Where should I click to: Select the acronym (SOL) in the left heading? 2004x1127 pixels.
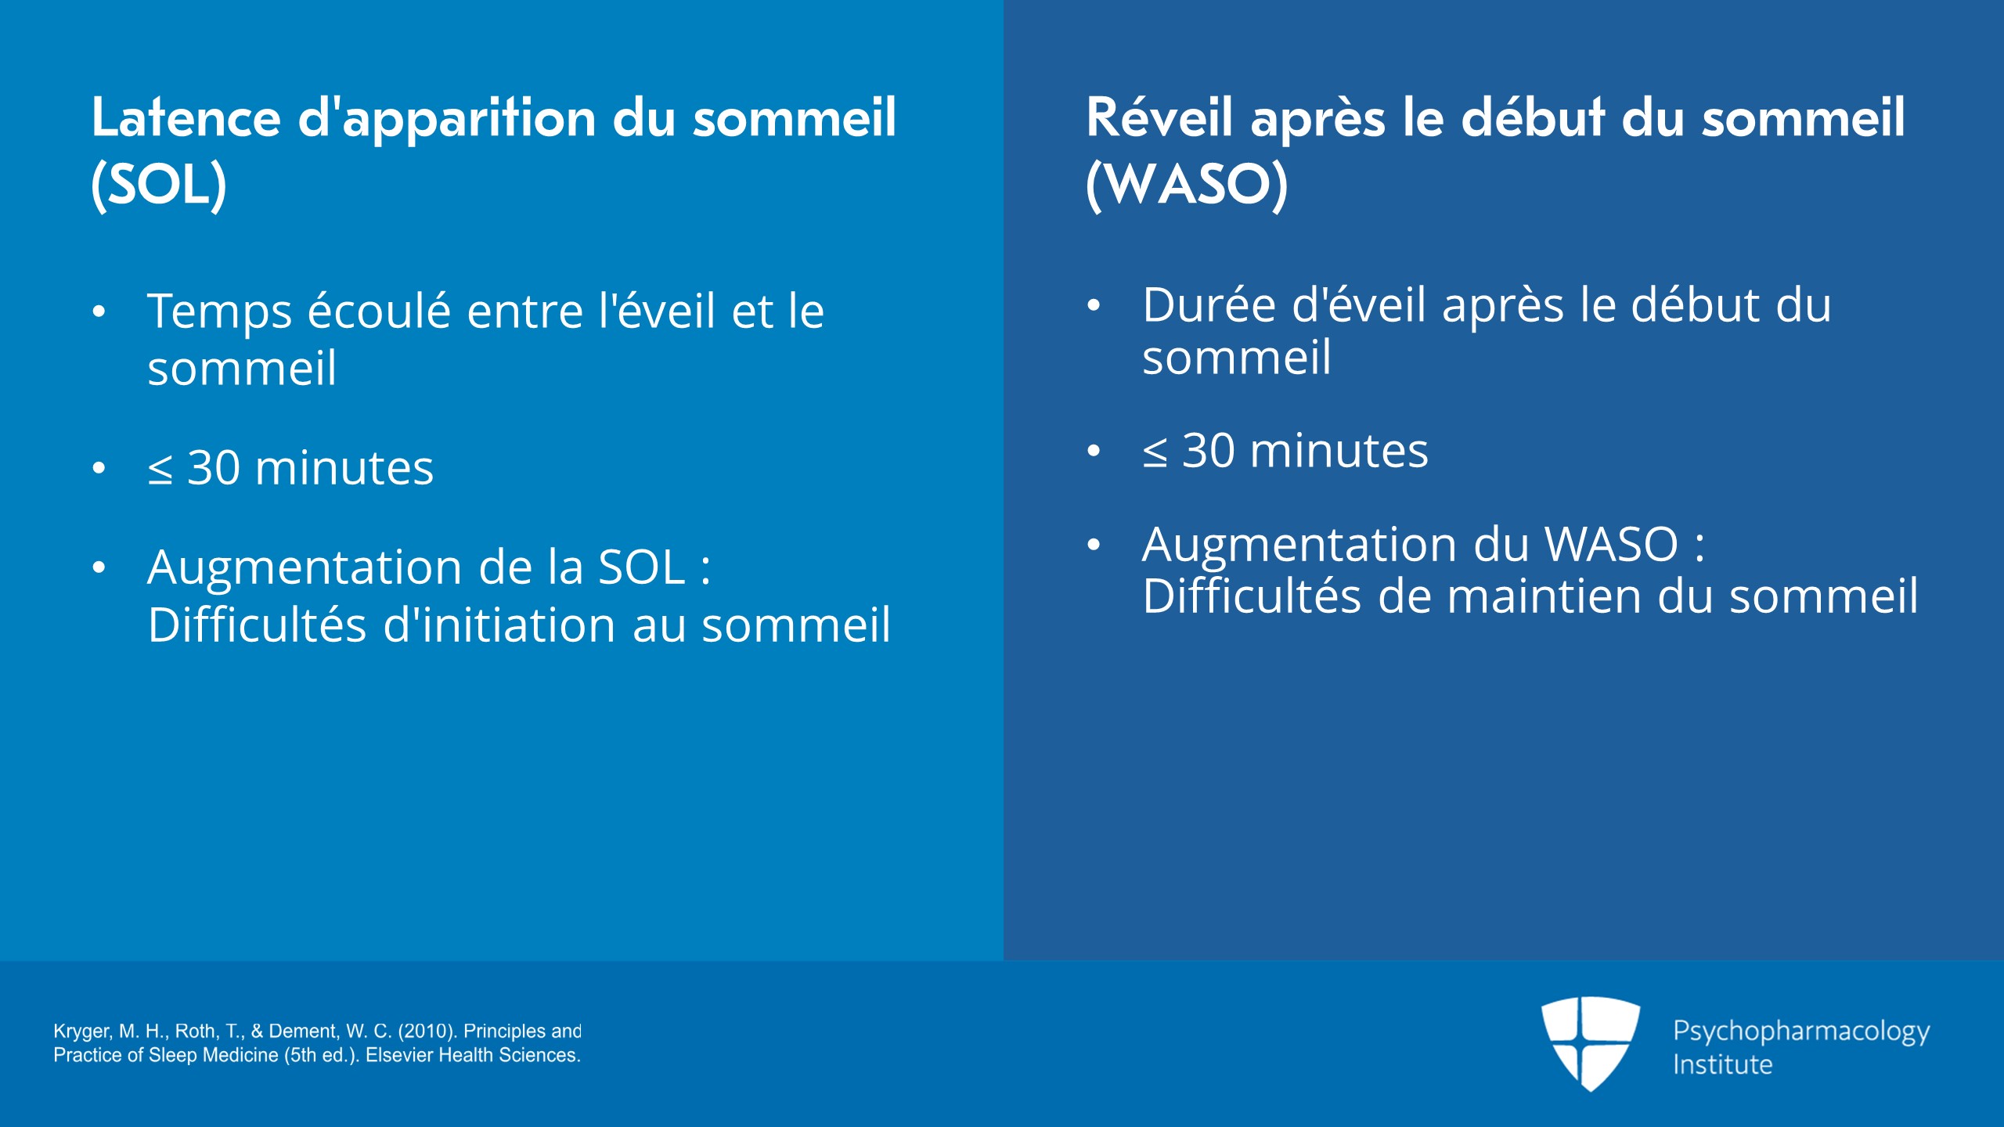[159, 185]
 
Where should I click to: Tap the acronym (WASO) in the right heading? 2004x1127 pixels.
[1187, 185]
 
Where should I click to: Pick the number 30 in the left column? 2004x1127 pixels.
[214, 468]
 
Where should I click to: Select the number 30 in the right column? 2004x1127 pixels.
[1209, 451]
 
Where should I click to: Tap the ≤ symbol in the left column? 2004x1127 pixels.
[160, 470]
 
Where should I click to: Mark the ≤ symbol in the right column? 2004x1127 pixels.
[1155, 453]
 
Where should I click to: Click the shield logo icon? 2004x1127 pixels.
[1591, 1043]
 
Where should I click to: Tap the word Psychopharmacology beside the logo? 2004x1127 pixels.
[1801, 1032]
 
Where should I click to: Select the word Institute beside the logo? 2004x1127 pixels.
[1722, 1064]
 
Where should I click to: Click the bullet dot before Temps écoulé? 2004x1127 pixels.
[99, 312]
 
